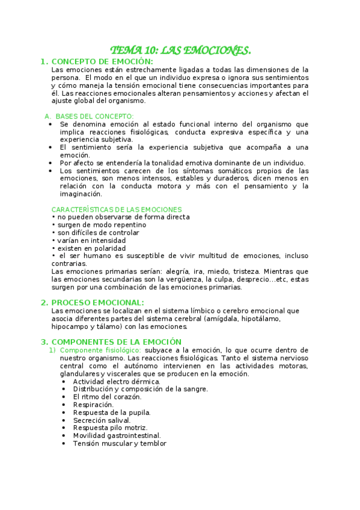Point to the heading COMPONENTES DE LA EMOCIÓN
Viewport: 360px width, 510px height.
(x=117, y=342)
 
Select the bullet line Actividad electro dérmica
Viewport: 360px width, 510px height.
(x=117, y=381)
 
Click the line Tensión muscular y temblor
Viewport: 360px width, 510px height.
(x=120, y=443)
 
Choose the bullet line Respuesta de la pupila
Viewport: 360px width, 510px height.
(x=112, y=413)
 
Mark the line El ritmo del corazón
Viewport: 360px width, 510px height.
(x=107, y=397)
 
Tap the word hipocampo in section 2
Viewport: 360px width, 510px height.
(x=70, y=327)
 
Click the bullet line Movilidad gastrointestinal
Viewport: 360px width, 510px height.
(x=117, y=435)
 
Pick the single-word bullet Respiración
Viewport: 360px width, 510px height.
(x=93, y=405)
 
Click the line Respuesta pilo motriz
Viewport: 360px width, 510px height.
(x=110, y=428)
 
